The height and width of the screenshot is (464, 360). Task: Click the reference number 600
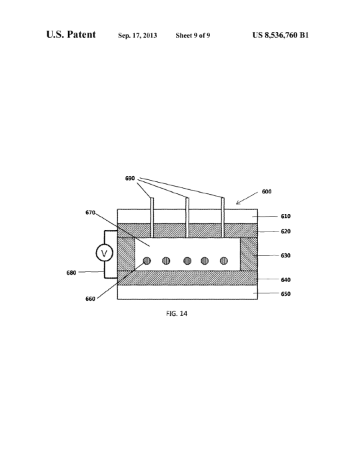[267, 192]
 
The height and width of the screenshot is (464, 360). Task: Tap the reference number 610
[285, 216]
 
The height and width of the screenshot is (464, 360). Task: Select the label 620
[285, 231]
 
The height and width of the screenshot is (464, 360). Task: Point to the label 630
[285, 256]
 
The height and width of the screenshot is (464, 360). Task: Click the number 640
[285, 279]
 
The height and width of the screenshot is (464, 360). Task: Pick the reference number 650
[285, 294]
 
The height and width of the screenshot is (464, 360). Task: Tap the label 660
[90, 299]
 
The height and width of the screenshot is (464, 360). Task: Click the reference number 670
[90, 213]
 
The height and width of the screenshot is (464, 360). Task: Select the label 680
[71, 273]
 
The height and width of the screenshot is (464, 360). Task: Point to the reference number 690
[130, 178]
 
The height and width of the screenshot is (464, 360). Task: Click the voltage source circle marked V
[104, 253]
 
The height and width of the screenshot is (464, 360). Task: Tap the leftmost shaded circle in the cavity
[147, 261]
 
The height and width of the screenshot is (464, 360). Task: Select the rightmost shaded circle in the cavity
[224, 261]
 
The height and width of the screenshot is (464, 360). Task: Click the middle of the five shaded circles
[187, 261]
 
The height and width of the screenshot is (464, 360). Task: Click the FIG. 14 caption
[177, 314]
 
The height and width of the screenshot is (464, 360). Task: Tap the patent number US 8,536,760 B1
[281, 35]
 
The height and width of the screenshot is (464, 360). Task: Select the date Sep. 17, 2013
[137, 35]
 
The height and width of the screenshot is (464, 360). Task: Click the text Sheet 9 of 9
[193, 35]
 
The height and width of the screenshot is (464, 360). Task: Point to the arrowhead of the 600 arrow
[237, 204]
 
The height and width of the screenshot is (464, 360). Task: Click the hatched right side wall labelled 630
[249, 254]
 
